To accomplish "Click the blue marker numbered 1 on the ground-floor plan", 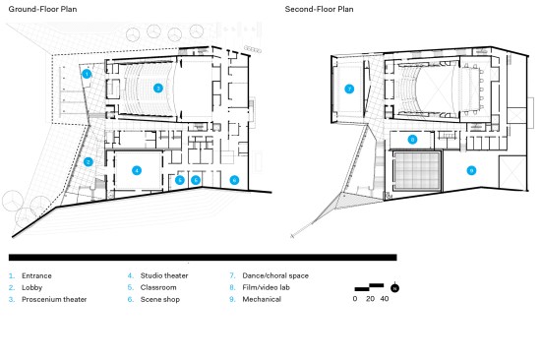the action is tap(87, 74).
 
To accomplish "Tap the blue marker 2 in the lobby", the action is tap(89, 162).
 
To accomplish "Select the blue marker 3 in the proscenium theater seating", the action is tap(158, 89).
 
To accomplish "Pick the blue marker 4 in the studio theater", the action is tap(137, 170).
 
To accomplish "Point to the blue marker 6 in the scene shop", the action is tap(234, 180).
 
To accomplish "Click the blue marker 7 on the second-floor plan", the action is tap(349, 90).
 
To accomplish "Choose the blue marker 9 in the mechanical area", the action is tap(471, 170).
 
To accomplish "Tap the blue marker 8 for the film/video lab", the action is tap(413, 140).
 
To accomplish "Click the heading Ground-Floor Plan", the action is tap(42, 9).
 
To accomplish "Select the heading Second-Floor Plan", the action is tap(319, 9).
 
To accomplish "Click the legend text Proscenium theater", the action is tap(54, 299).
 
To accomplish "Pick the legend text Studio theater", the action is tap(164, 275).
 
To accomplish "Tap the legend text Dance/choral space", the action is tap(275, 275).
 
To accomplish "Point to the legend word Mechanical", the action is tap(262, 299).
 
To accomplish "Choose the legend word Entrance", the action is tap(36, 275).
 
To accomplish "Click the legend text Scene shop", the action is tap(160, 299).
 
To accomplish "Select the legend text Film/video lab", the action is tap(266, 287).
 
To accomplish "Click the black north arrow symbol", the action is tap(395, 287).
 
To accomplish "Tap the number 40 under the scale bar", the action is tap(385, 299).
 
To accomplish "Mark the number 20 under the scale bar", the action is tap(370, 299).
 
